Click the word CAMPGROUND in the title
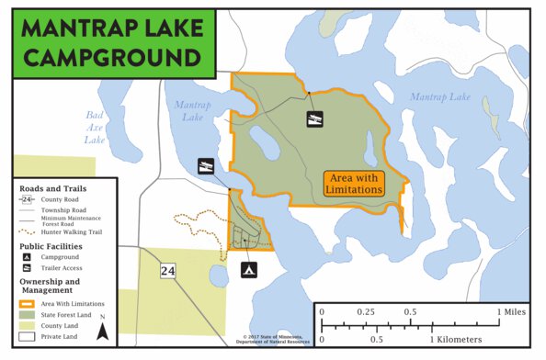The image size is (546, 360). pos(112,57)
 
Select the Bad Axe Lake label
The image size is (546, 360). pos(95,128)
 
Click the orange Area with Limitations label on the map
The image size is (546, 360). pos(354,183)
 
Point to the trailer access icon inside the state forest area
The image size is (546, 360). pos(314,118)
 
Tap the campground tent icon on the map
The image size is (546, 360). pos(247,270)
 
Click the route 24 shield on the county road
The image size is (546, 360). pos(167,271)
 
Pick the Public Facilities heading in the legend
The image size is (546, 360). pos(51,246)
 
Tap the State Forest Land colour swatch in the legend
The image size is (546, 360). pos(27,314)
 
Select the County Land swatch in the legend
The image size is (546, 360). pos(27,325)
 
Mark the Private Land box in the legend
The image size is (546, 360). pos(27,337)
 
